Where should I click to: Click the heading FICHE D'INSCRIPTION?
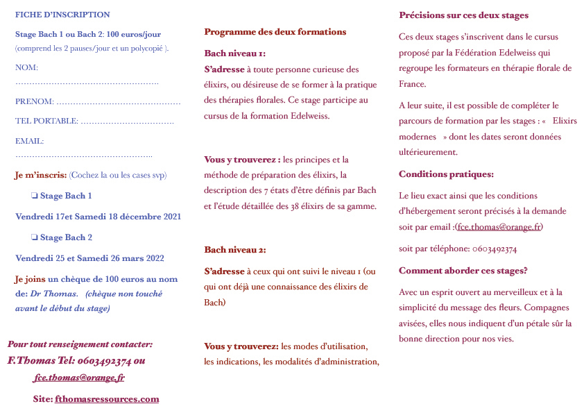coord(62,15)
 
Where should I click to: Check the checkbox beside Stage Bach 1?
coord(34,196)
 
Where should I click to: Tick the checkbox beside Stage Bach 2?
coord(34,237)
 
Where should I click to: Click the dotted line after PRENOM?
coord(119,102)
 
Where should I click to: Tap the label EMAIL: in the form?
coord(29,141)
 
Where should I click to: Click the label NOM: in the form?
coord(26,67)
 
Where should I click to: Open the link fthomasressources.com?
coord(107,399)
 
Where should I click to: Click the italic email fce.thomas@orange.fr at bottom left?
coord(79,378)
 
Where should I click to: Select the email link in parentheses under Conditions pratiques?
coord(499,227)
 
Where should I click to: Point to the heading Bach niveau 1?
coord(234,53)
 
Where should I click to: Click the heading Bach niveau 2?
coord(235,250)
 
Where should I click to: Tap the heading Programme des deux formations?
coord(275,32)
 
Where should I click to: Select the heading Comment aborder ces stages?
coord(463,271)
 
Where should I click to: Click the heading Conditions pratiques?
coord(446,174)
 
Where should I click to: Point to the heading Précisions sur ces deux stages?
coord(463,15)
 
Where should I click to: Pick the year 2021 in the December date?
coord(170,217)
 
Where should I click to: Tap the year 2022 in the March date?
coord(153,258)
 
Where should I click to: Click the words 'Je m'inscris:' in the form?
coord(41,174)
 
